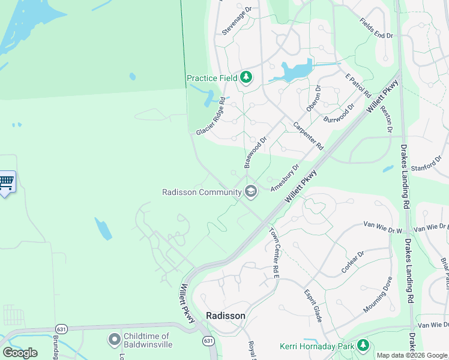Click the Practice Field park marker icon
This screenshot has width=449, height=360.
point(246,77)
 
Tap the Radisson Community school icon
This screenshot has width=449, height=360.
point(251,192)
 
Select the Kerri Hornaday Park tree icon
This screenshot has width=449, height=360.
point(363,346)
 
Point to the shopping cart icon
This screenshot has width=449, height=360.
point(6,182)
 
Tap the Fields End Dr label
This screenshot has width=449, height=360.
point(376,28)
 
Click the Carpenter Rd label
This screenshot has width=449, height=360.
point(309,136)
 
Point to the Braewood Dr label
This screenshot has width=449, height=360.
point(255,151)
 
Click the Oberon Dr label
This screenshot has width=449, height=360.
point(313,99)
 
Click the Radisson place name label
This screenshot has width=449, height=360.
point(225,316)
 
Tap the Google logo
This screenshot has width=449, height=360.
point(20,352)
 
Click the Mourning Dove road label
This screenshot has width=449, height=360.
point(378,295)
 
